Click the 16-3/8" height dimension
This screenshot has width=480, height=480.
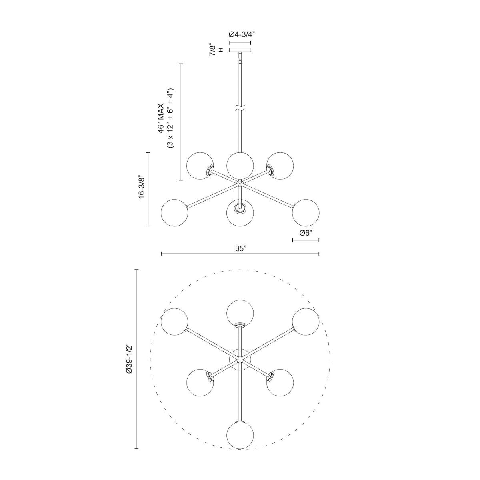[140, 187]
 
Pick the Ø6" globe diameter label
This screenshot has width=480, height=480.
[306, 233]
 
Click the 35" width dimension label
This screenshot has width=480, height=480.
[240, 248]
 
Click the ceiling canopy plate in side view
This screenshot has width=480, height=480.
[240, 50]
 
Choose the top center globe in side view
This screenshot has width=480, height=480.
[240, 164]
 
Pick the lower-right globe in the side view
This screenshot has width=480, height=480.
[306, 212]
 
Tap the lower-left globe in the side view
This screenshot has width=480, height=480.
[174, 212]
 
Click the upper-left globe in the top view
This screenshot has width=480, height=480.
[174, 322]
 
